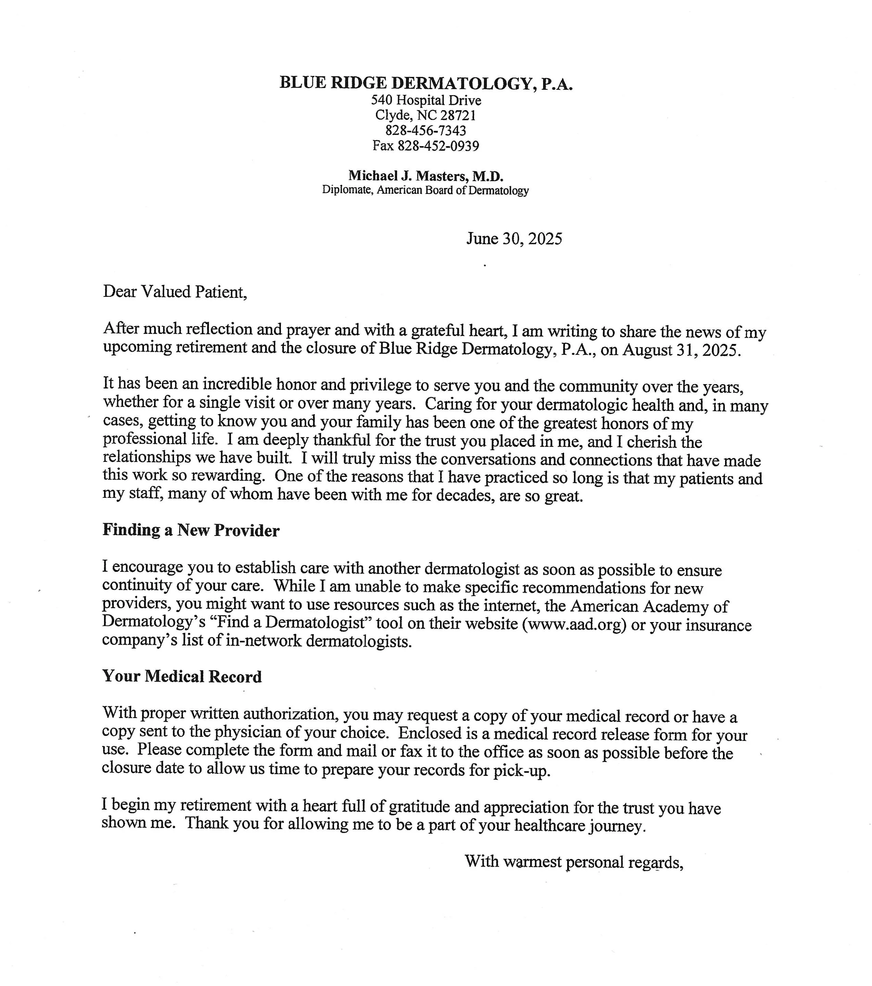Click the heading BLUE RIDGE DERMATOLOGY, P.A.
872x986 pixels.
tap(426, 84)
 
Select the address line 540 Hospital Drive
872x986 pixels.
tap(426, 100)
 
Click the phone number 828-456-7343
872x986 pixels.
tap(426, 130)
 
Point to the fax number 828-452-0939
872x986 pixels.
tap(438, 146)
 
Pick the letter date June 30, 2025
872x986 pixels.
tap(514, 239)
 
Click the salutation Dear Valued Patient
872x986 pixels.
tap(175, 292)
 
